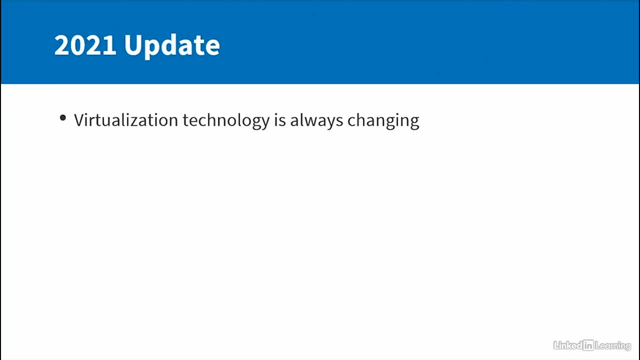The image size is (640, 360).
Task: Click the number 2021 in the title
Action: [x=85, y=45]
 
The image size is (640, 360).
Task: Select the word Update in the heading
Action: [x=172, y=47]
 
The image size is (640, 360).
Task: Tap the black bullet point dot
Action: [x=63, y=117]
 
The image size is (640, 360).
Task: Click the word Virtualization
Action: [x=126, y=120]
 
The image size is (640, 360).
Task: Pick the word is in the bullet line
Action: [x=280, y=120]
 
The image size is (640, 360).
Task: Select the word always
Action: [x=316, y=121]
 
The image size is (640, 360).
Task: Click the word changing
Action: [x=383, y=121]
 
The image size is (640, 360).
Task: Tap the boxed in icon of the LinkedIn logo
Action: [x=588, y=345]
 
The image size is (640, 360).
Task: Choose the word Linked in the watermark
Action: [x=568, y=345]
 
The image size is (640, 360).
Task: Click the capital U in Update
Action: [x=133, y=45]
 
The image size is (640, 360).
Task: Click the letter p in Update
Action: [x=153, y=49]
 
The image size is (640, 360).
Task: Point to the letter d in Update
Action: [x=170, y=45]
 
